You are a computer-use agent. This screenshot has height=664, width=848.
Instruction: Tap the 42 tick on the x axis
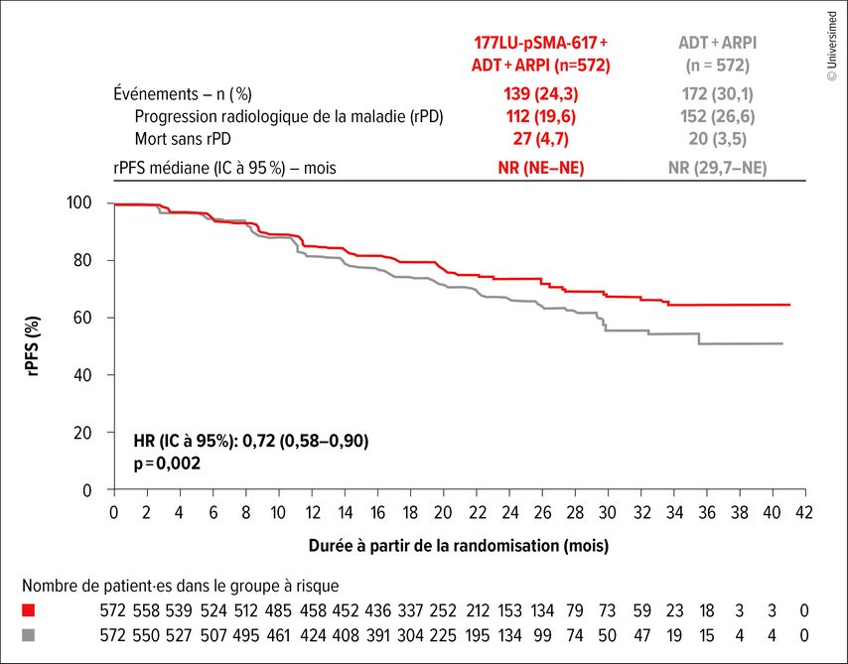pyautogui.click(x=804, y=511)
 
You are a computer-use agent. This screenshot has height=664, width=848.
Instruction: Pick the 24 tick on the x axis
pyautogui.click(x=509, y=511)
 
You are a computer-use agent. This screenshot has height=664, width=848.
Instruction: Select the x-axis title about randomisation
pyautogui.click(x=459, y=545)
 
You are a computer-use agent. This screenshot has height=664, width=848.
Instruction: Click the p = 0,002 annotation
pyautogui.click(x=167, y=462)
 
